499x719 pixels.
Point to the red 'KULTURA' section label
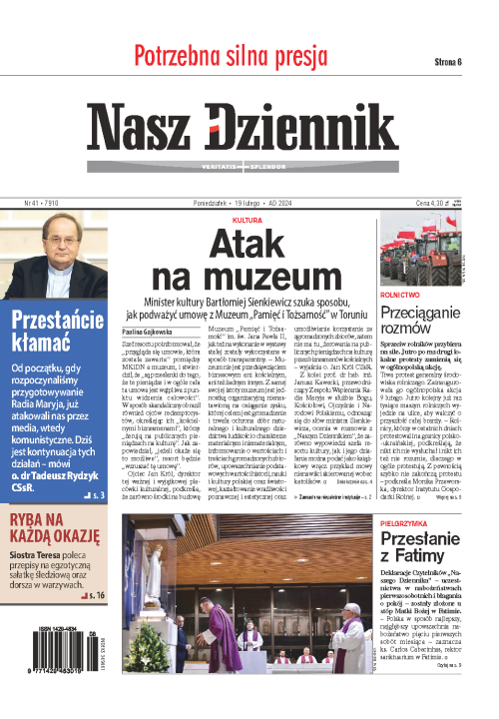[x=247, y=218]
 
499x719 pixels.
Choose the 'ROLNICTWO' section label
[x=400, y=295]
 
